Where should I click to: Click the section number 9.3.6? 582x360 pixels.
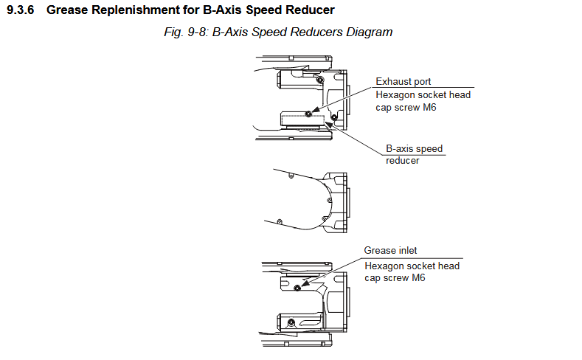click(22, 10)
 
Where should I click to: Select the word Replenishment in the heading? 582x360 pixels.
click(127, 10)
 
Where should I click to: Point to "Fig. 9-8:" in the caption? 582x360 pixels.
click(186, 32)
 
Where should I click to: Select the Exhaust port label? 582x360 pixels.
click(403, 81)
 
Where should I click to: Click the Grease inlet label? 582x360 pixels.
click(390, 251)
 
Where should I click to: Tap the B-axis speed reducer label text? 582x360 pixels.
click(414, 154)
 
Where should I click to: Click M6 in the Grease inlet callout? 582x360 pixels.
click(418, 278)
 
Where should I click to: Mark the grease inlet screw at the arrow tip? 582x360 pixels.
click(297, 287)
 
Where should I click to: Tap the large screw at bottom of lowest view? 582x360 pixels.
click(292, 322)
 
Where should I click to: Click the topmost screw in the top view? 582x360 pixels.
click(319, 80)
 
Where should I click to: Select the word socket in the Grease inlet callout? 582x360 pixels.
click(423, 266)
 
